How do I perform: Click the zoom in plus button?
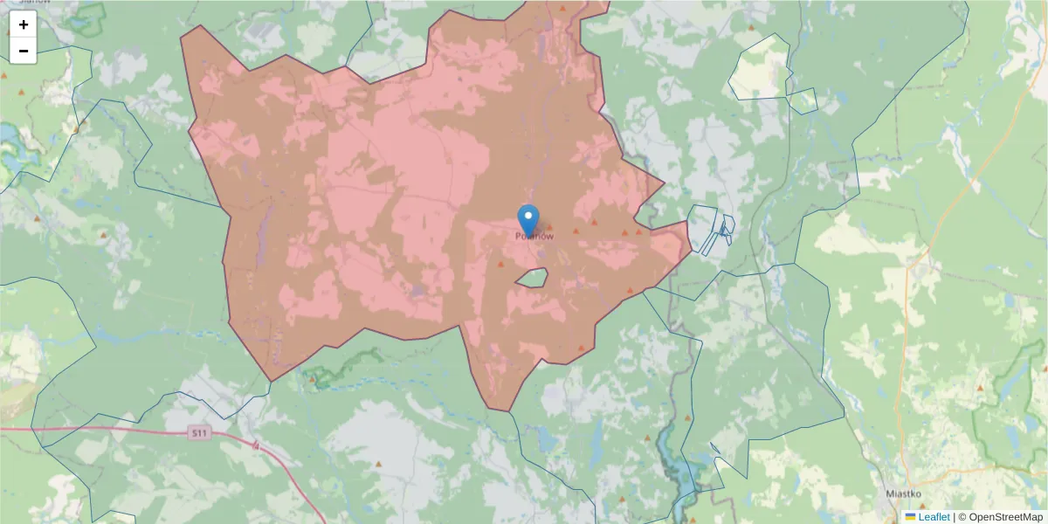point(24,24)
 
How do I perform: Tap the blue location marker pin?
point(528,220)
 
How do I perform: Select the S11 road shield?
point(199,432)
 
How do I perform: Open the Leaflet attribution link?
point(934,517)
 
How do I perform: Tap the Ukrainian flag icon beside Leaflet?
point(910,517)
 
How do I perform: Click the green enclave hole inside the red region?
point(532,279)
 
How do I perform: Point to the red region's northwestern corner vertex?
point(199,26)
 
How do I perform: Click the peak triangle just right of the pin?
point(549,227)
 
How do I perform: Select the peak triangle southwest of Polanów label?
point(500,264)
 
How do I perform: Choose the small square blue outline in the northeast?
point(803,101)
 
